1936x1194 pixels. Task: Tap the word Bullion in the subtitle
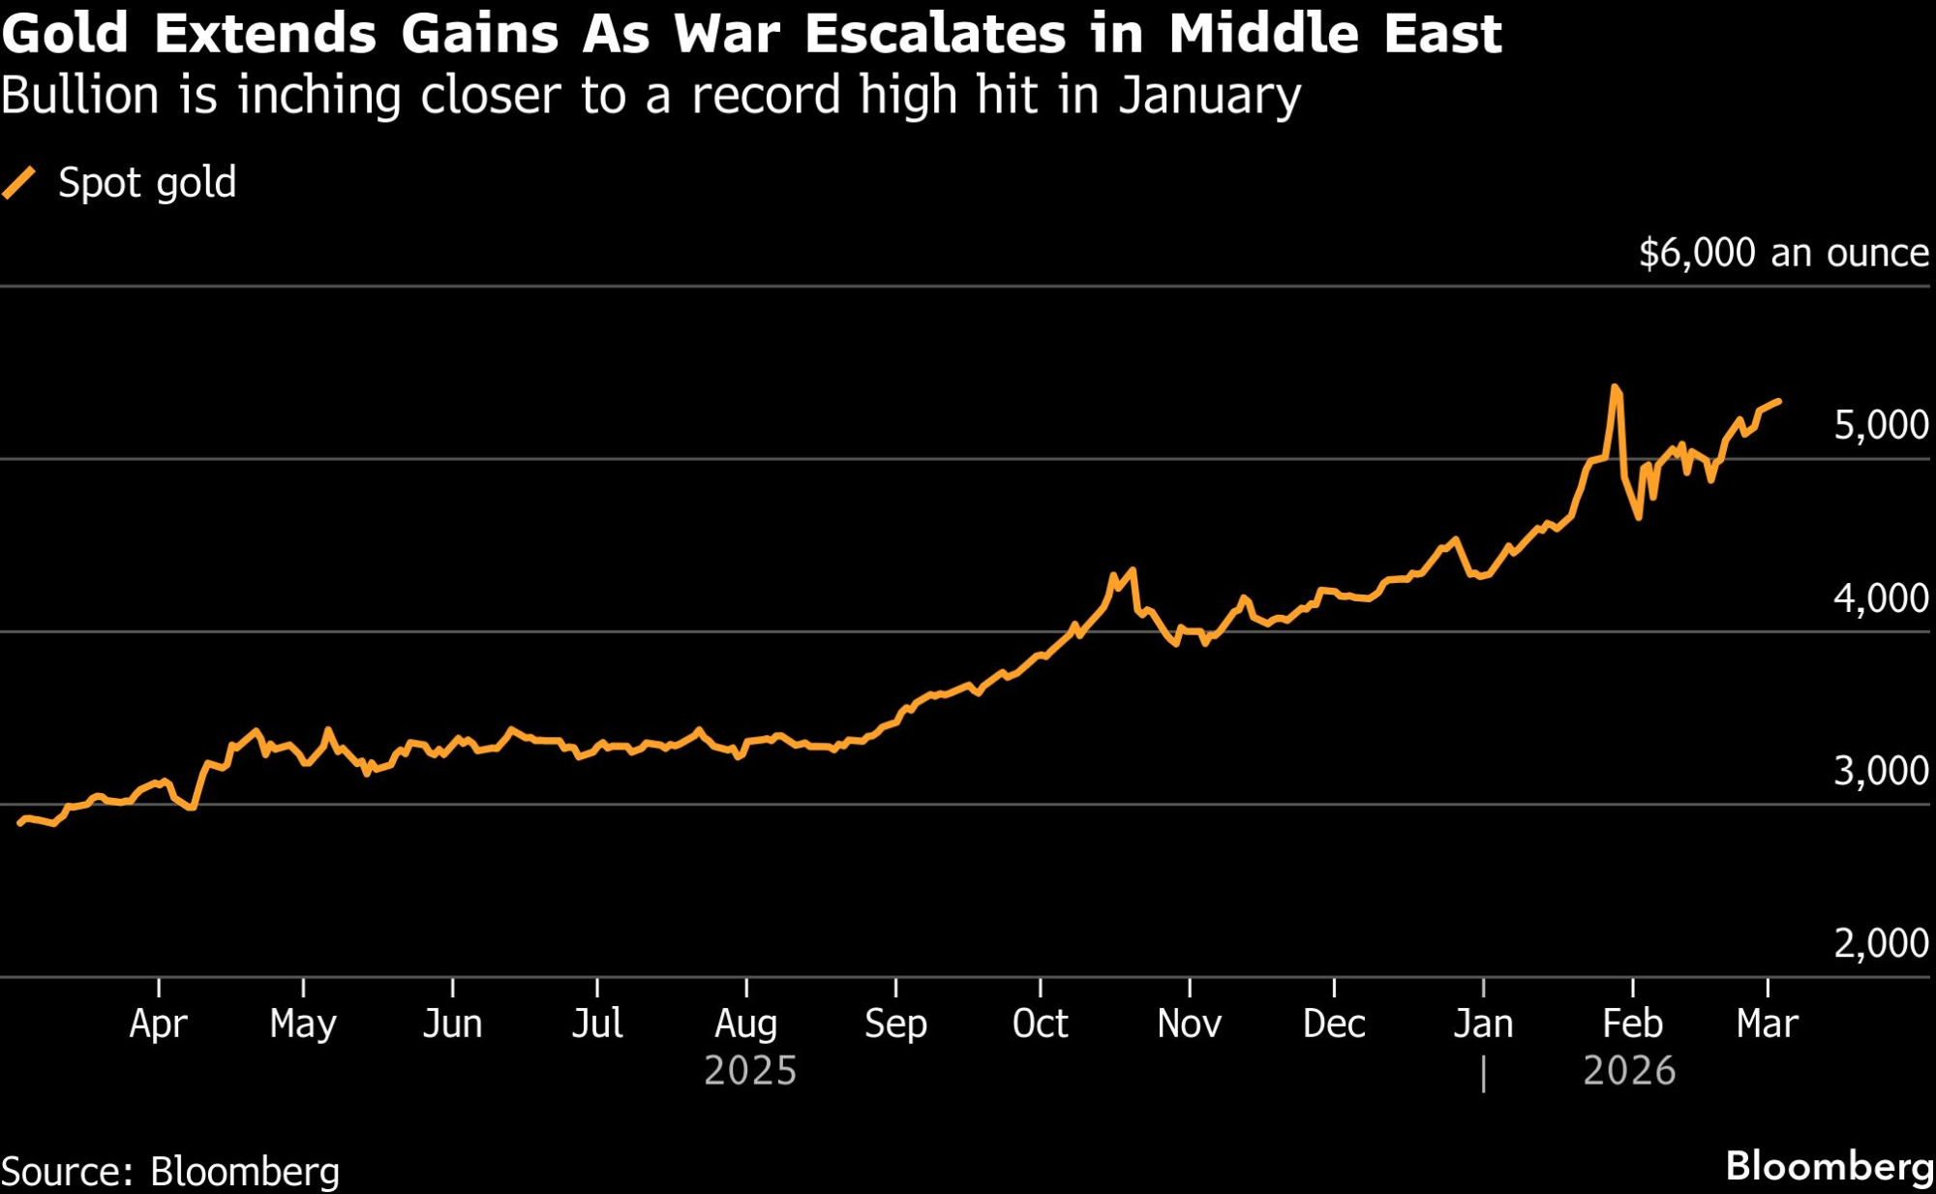79,96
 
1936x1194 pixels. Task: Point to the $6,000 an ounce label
1783,253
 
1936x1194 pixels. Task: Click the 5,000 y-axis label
1881,425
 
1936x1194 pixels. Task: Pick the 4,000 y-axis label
1881,598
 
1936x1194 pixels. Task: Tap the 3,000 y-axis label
1881,771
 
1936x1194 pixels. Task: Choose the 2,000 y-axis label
1881,943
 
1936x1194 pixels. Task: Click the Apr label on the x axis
158,1024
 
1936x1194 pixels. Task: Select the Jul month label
596,1024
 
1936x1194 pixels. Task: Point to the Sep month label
895,1024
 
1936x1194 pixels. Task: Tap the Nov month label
1189,1024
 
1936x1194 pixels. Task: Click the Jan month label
1483,1024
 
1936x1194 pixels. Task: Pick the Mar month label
1767,1024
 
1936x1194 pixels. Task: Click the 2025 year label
750,1071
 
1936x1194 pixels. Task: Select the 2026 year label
1629,1071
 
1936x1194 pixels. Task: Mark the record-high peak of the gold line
1615,387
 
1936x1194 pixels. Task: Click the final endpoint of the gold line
1779,401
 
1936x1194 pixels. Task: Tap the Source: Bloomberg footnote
170,1172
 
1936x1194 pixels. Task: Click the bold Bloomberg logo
1829,1167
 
